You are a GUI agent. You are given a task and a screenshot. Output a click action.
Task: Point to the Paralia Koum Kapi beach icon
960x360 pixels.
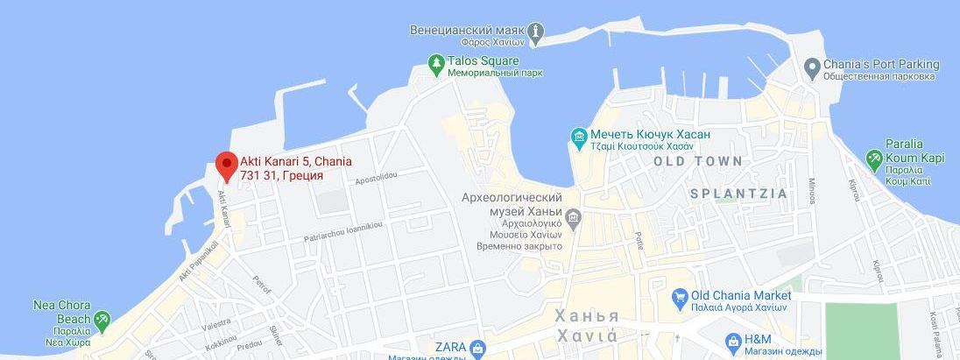(873, 159)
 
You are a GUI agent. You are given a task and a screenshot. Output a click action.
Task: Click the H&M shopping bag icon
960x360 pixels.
(734, 341)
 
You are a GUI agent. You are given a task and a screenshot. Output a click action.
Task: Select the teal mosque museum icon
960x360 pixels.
(578, 137)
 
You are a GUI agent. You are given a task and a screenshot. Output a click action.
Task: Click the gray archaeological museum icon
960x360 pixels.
(574, 216)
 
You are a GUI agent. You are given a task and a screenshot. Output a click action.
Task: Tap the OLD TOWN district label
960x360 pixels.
(698, 161)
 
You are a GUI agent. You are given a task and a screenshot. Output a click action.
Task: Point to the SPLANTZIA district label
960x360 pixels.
(738, 193)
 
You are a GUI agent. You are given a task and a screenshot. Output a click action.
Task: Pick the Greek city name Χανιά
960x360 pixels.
(587, 335)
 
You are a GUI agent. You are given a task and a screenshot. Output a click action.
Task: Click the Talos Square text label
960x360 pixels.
(484, 61)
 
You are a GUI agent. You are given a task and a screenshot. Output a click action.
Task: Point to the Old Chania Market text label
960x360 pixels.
(741, 296)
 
